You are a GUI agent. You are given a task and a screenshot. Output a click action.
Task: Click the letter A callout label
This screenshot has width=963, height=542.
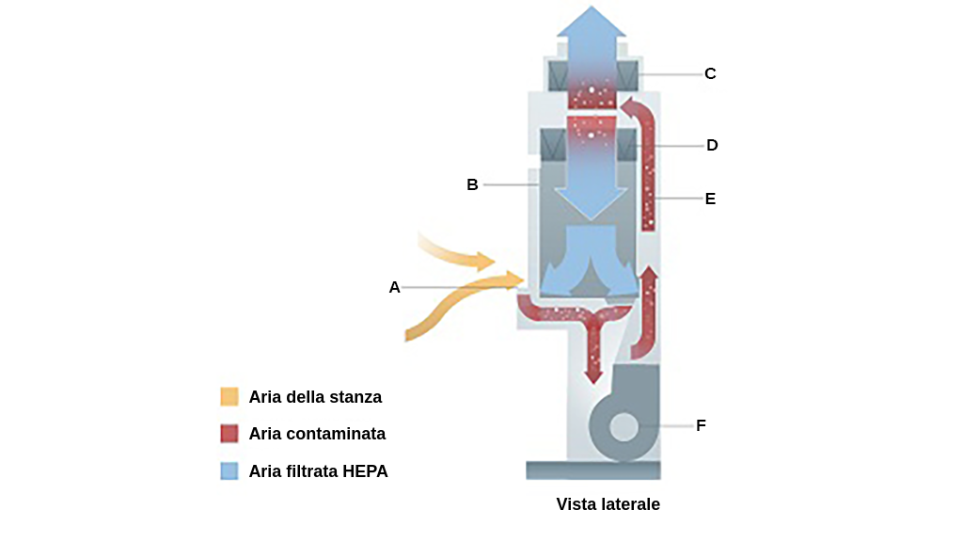coord(395,287)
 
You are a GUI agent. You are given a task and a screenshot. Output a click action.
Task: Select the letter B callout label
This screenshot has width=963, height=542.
coord(473,184)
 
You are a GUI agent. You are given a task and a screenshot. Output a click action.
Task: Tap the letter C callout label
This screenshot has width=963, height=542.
coord(710,73)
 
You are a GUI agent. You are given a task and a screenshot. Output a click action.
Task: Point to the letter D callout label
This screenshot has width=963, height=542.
coord(712,145)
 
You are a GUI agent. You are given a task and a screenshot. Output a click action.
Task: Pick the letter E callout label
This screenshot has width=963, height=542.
coord(710,199)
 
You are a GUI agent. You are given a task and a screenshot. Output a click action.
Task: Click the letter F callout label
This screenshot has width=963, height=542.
coord(701,425)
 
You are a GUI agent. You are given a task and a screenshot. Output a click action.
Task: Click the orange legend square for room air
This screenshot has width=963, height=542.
coord(229,396)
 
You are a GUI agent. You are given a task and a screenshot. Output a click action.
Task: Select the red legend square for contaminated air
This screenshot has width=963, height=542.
coord(229,434)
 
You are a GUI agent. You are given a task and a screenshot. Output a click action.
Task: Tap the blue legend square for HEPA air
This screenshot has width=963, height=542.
coord(229,471)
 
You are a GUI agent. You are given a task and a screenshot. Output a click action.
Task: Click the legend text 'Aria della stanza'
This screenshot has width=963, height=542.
coord(315,396)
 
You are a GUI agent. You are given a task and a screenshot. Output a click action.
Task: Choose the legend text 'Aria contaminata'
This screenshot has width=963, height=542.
coord(317,434)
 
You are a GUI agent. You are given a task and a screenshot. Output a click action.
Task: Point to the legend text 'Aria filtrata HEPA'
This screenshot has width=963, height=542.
coord(318,471)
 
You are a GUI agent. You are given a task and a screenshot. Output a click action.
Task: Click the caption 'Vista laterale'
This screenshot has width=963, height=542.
coord(608,504)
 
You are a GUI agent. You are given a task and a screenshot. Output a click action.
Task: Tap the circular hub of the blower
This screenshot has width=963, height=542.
coord(623,427)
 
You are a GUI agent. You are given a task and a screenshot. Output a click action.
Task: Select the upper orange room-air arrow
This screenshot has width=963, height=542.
coord(461,255)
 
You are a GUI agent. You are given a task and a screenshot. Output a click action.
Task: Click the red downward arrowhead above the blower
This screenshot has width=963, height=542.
coord(592,375)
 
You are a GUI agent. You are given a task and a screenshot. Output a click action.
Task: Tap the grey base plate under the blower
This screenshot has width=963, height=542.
coord(592,470)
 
